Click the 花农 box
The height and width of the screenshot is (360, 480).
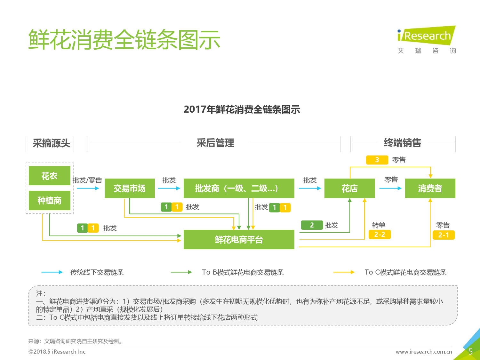click(49, 176)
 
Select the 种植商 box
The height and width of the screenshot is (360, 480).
click(49, 200)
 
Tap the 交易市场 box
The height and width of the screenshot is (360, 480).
click(130, 188)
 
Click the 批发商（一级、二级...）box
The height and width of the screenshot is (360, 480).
click(239, 188)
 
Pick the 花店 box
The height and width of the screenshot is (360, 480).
click(350, 188)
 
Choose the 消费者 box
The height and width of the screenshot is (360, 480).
click(430, 188)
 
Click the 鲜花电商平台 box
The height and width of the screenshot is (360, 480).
click(239, 240)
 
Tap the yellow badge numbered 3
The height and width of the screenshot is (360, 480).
click(377, 160)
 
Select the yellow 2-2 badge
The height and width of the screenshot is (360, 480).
click(380, 235)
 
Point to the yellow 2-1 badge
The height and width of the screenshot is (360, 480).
click(444, 235)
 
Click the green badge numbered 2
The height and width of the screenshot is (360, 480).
click(312, 225)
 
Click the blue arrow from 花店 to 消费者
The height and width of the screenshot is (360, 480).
click(390, 188)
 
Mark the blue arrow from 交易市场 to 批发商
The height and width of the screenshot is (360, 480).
click(169, 188)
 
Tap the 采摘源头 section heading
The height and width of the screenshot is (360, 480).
click(52, 143)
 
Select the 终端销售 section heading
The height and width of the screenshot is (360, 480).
click(403, 143)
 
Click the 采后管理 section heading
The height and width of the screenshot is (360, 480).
click(215, 143)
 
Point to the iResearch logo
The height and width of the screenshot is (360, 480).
click(427, 40)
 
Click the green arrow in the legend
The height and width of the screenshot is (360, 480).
click(181, 272)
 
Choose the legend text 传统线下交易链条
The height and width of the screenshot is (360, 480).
click(97, 272)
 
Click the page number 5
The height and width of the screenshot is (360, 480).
click(471, 351)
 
